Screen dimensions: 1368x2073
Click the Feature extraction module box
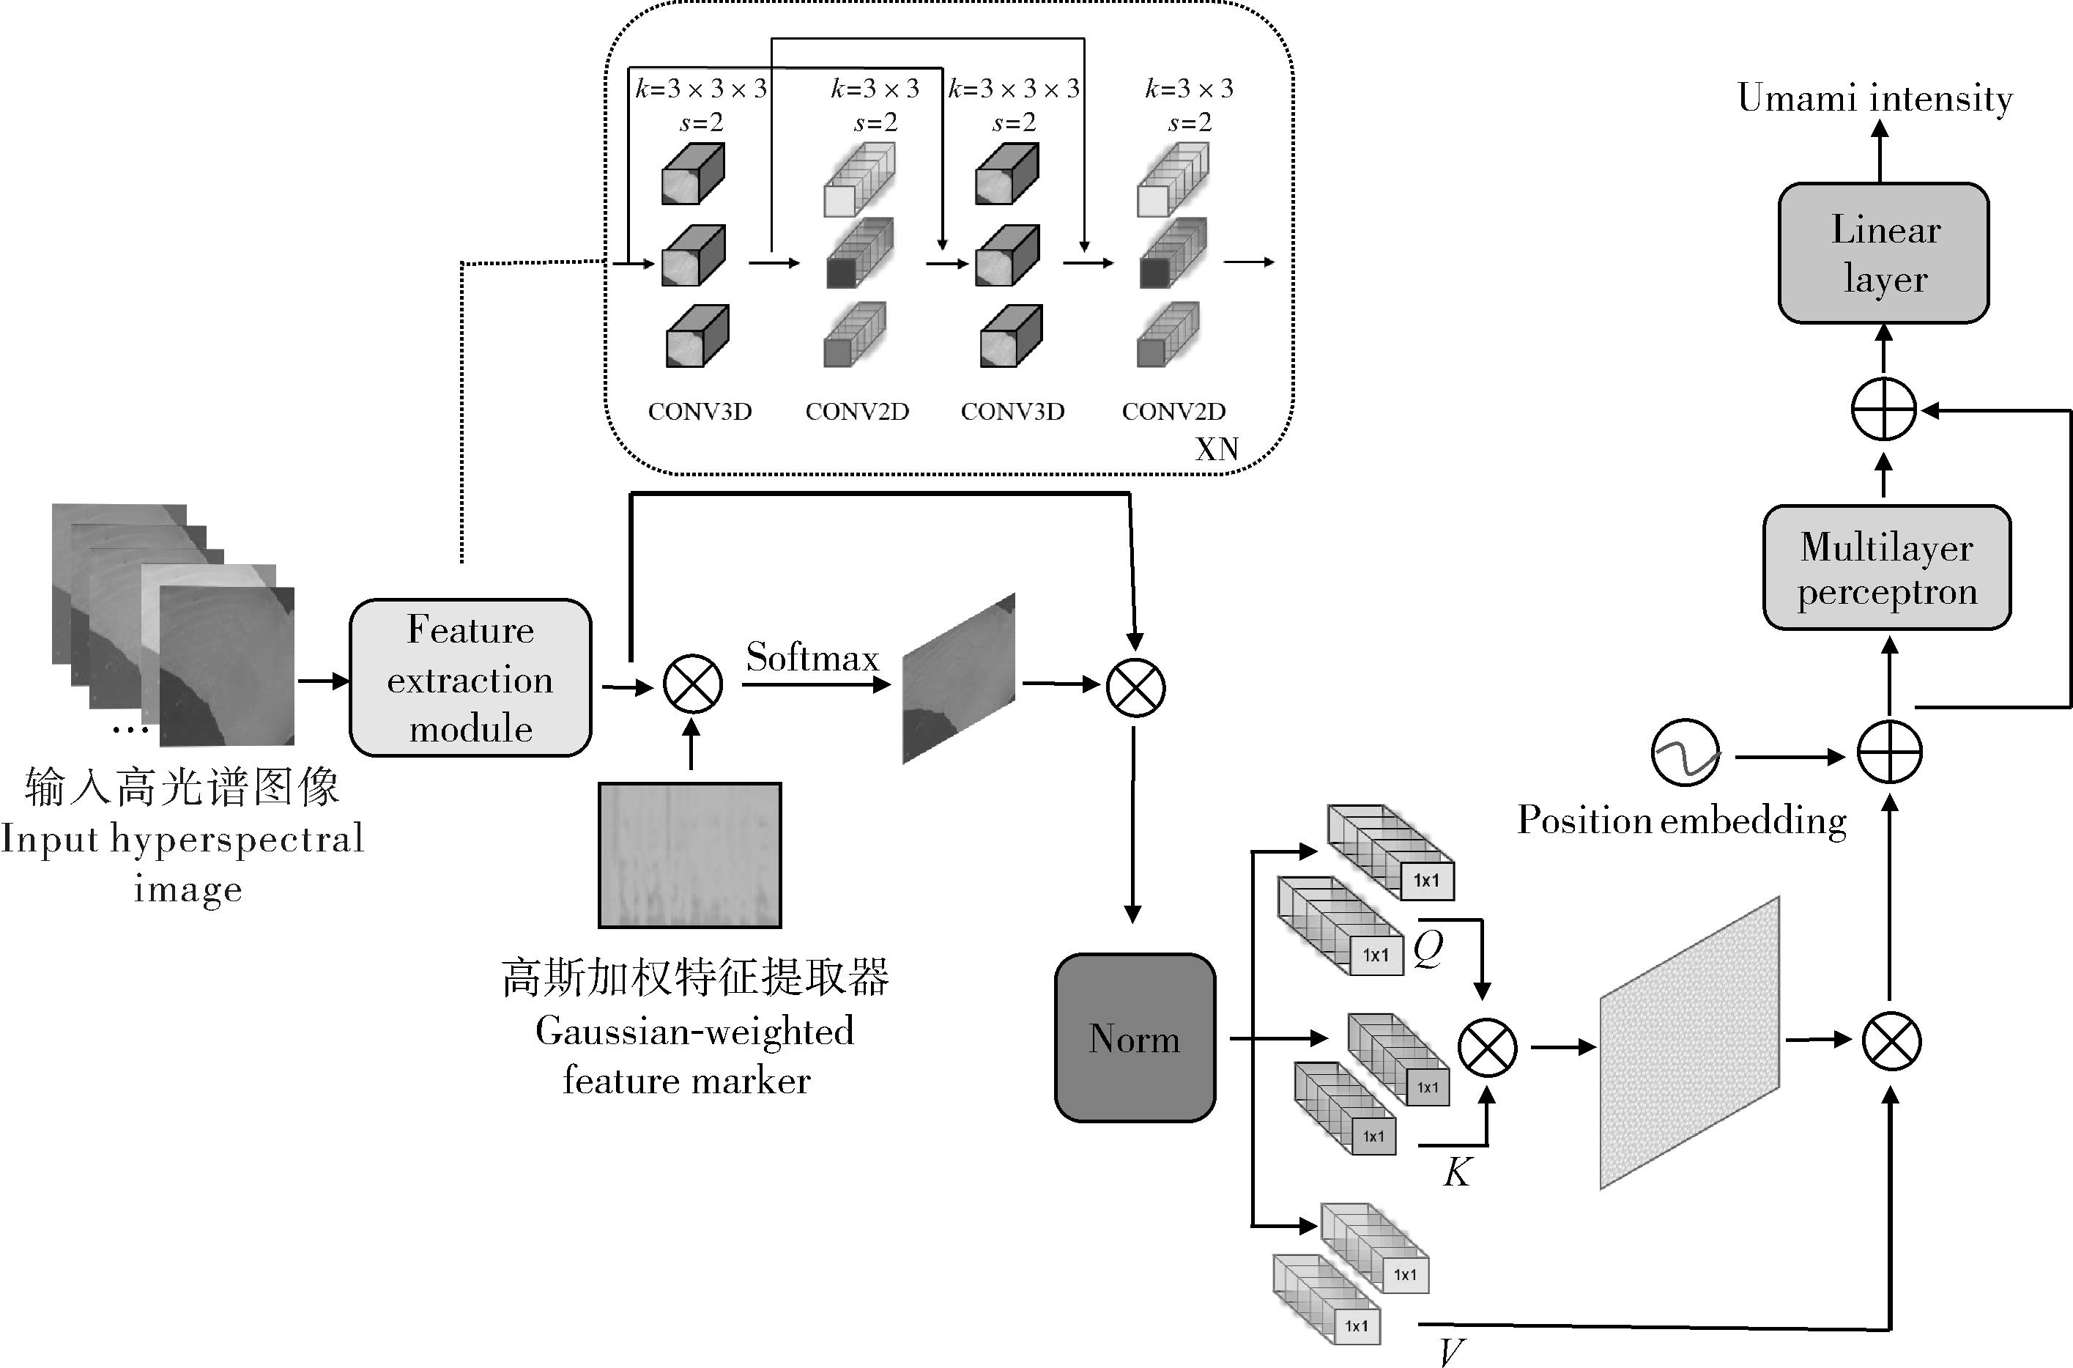click(470, 678)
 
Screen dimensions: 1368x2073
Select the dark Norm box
click(1135, 1038)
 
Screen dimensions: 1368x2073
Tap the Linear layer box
click(1884, 253)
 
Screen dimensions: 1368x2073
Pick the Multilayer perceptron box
click(1887, 568)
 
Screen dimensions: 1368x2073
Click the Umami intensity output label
click(1875, 97)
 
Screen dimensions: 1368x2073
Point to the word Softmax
click(812, 658)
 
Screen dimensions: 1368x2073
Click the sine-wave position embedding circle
click(1686, 752)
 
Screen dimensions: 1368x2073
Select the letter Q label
click(1428, 947)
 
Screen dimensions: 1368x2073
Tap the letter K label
click(1457, 1172)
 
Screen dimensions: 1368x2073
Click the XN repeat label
click(1217, 449)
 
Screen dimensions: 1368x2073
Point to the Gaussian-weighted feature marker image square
click(690, 855)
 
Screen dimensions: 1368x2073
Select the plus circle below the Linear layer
click(1884, 409)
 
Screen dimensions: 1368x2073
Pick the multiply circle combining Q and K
click(1488, 1048)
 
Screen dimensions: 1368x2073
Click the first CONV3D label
click(700, 412)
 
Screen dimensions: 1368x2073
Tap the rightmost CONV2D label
click(1174, 412)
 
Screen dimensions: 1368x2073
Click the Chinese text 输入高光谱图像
click(182, 787)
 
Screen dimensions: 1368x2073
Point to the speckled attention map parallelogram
click(1689, 1043)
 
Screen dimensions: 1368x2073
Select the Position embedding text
click(1681, 821)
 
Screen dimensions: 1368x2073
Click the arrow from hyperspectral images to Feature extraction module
click(323, 681)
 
